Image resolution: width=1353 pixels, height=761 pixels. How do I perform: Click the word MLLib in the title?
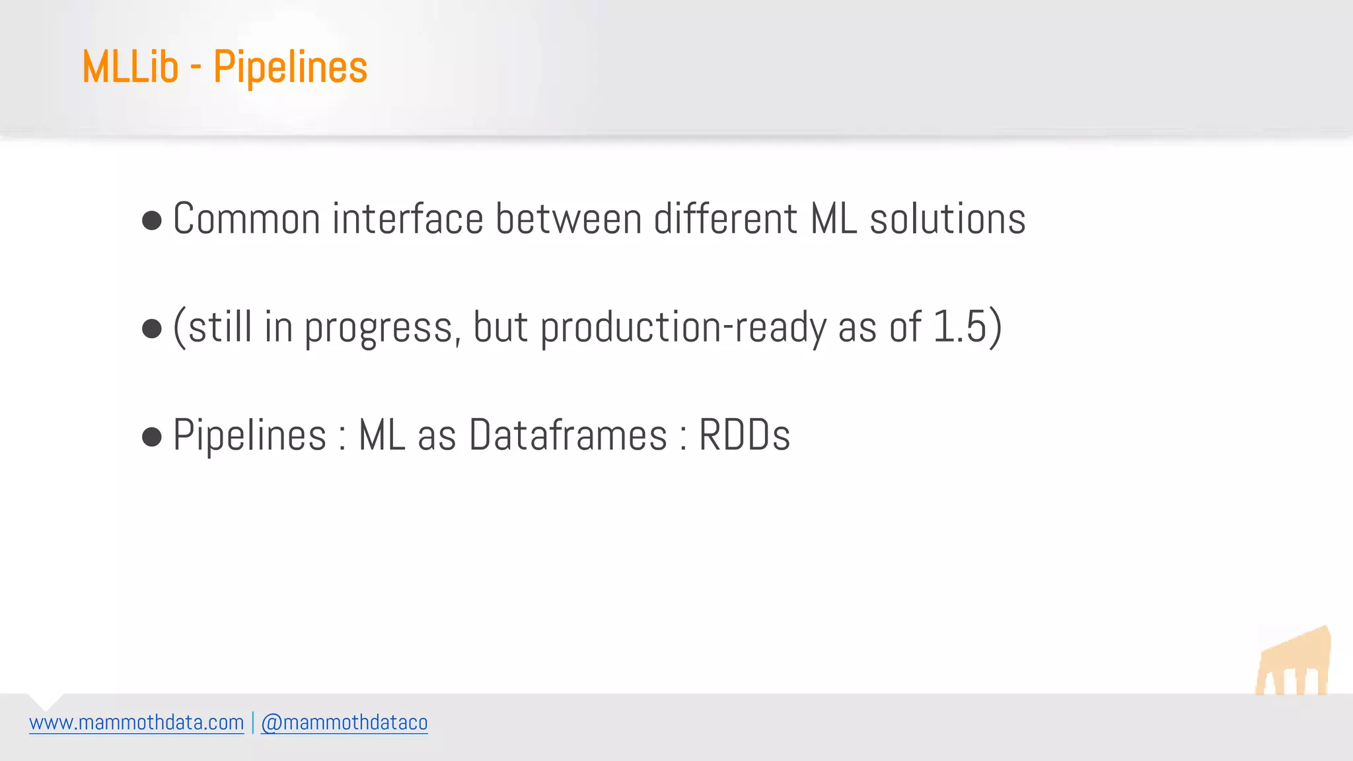tap(130, 67)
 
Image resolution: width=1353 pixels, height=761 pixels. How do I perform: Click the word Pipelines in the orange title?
tap(290, 68)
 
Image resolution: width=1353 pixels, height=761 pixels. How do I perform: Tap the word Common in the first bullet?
tap(246, 219)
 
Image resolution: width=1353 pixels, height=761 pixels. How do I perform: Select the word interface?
tap(408, 219)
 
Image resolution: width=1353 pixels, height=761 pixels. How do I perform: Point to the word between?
tap(568, 219)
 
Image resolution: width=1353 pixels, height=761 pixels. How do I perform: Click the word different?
tap(725, 219)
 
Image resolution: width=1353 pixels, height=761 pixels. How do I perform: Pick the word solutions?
tap(947, 219)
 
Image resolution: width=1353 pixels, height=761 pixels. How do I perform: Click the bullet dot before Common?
tap(152, 221)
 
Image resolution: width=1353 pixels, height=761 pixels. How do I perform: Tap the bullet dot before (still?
tap(152, 328)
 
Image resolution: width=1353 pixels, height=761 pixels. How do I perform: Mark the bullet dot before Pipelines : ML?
tap(152, 437)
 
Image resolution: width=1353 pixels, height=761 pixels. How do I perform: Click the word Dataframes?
tap(568, 435)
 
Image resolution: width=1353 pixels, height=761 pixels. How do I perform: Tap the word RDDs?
tap(745, 435)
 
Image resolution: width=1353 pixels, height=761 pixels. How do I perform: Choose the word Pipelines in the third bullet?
tap(250, 435)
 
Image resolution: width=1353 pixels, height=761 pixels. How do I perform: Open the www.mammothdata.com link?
tap(137, 723)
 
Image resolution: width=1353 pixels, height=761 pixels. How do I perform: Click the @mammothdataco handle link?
tap(344, 723)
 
